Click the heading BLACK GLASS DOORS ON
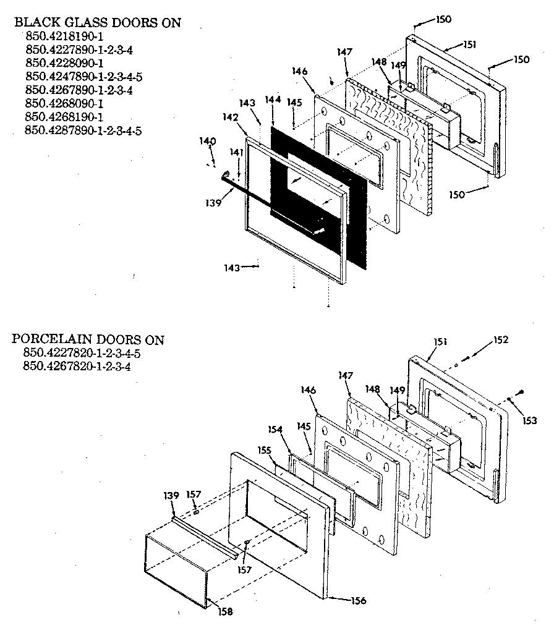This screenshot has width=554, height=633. coord(98,23)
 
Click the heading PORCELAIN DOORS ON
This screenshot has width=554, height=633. coord(88,339)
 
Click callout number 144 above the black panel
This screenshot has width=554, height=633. coord(273,100)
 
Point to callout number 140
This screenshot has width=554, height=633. coord(208,142)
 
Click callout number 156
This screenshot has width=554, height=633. coord(359,600)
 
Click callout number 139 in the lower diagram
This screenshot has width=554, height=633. coord(172,495)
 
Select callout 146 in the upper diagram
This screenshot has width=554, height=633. coord(300,72)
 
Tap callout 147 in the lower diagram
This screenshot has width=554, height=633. coord(345,375)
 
